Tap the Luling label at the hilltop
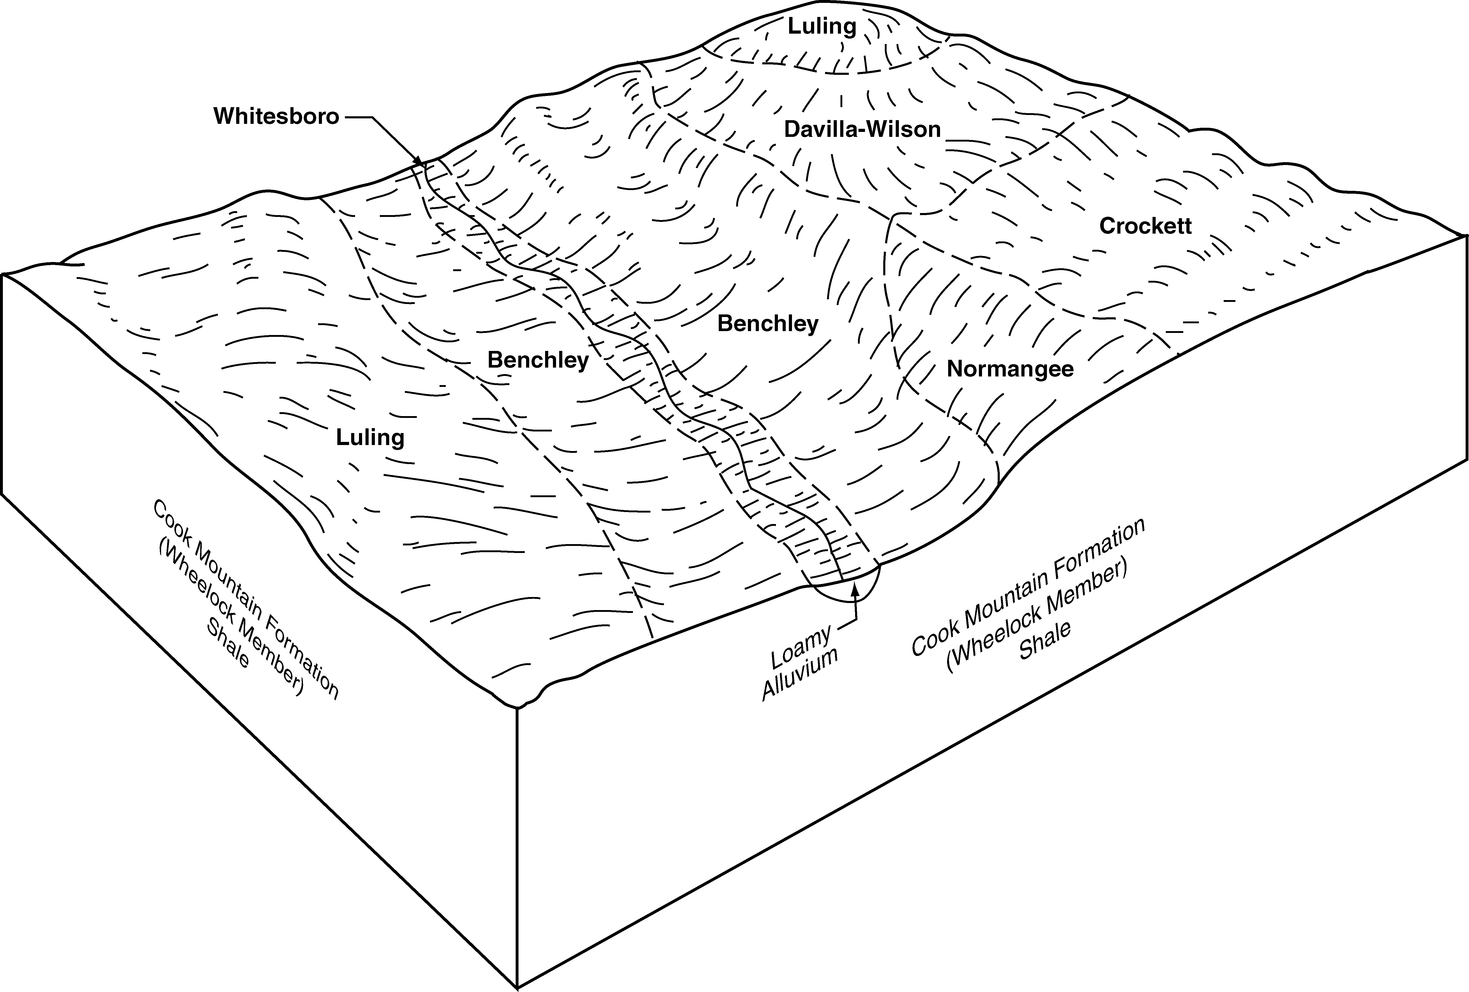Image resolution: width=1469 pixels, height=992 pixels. click(822, 27)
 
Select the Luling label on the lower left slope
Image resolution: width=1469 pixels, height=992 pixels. click(370, 437)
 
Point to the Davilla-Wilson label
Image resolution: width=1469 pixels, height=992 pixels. click(862, 130)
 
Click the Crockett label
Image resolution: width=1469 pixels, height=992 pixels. click(1145, 226)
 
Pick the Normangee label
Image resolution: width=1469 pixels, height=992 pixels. click(1010, 369)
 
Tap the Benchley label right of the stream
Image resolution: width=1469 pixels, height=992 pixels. click(768, 324)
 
